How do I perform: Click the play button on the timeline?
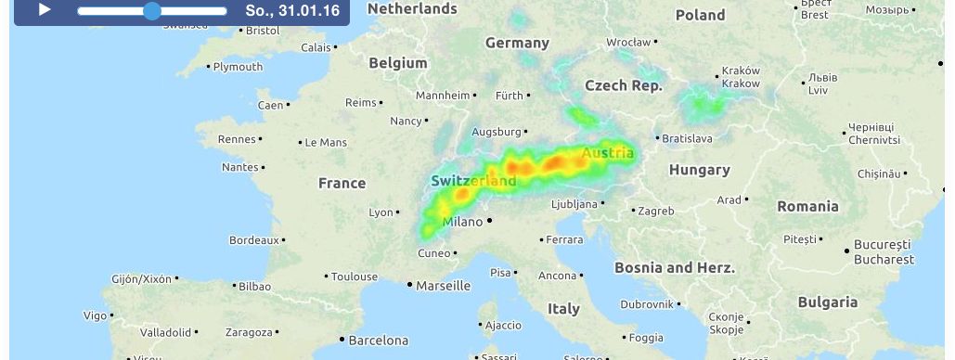click(44, 10)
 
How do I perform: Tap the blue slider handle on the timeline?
click(152, 11)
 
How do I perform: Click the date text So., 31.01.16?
click(292, 11)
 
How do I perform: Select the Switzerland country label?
click(472, 180)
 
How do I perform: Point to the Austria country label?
click(608, 153)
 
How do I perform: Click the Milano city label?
click(463, 222)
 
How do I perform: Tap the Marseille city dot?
click(409, 285)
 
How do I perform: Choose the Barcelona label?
click(378, 341)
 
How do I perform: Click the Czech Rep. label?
click(624, 85)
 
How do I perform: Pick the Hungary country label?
click(699, 170)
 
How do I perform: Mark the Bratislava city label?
click(687, 138)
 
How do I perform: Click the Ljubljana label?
click(574, 203)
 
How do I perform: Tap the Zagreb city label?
click(656, 211)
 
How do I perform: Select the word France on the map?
click(342, 183)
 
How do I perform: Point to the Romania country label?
click(807, 206)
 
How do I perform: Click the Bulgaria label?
click(827, 302)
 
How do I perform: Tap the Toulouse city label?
click(355, 276)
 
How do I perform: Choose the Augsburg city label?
click(496, 132)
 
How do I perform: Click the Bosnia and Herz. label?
click(675, 267)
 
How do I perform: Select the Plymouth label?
click(239, 67)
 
